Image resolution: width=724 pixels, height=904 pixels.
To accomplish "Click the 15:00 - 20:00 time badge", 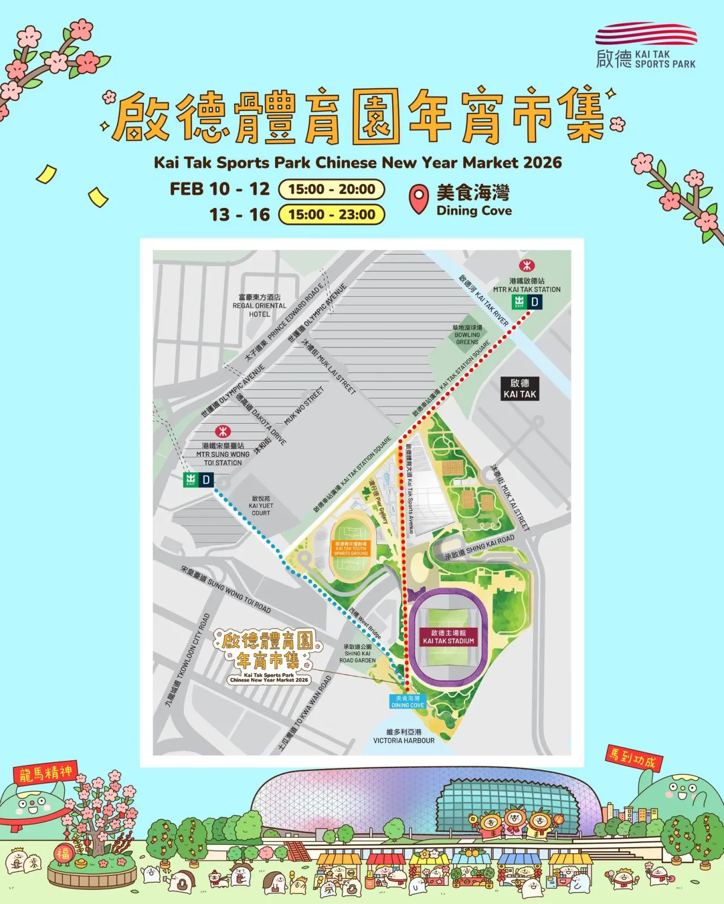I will point(331,189).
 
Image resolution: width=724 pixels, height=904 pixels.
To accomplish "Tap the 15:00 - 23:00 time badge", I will point(331,215).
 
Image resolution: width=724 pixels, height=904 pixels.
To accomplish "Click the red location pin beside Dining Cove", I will point(418,200).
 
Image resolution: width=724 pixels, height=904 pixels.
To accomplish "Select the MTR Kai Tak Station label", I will point(527,285).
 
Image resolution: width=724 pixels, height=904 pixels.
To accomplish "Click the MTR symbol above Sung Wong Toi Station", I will point(223,432).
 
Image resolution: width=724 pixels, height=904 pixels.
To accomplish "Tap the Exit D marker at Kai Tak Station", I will point(527,302).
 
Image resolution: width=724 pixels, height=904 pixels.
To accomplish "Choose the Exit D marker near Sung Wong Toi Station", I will point(199,480).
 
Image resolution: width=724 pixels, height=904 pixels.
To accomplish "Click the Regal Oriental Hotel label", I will point(260,306).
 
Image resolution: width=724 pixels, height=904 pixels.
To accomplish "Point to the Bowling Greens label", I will point(467,335).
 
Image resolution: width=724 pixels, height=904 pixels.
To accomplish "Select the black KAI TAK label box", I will point(520,389).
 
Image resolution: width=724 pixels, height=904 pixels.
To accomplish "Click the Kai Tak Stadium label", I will point(449,637).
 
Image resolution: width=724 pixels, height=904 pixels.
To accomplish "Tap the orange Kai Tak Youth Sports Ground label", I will point(351,549).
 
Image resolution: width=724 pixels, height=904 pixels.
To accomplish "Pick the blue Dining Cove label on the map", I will point(408,702).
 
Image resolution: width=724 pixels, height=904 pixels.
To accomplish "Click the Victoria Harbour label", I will point(404,736).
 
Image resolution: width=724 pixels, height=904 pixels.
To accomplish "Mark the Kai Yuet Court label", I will point(261,506).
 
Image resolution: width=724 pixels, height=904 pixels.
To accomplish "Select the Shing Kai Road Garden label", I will point(357,653).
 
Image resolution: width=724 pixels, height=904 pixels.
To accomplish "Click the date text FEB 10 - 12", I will point(220,189).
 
